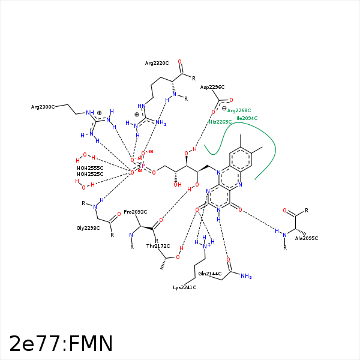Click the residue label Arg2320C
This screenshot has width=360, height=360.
[x=157, y=62]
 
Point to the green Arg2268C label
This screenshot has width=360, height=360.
[x=239, y=110]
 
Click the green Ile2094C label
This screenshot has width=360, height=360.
[x=247, y=118]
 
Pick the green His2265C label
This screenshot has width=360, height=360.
[x=220, y=122]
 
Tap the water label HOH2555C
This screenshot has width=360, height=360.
[x=90, y=167]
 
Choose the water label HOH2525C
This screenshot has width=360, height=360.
[x=90, y=174]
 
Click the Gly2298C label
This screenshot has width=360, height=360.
[x=88, y=228]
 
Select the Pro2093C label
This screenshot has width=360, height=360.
[x=136, y=212]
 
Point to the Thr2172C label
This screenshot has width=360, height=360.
[x=158, y=246]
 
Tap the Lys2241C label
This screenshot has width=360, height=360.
[x=185, y=287]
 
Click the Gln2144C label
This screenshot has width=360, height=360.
[x=211, y=274]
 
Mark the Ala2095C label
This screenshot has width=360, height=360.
[x=307, y=238]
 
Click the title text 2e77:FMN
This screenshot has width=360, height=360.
[x=61, y=344]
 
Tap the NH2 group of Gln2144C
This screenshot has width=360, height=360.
[x=246, y=277]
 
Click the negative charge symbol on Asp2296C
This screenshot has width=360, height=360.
[x=224, y=108]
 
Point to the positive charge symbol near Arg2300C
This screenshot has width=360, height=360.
[x=99, y=112]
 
